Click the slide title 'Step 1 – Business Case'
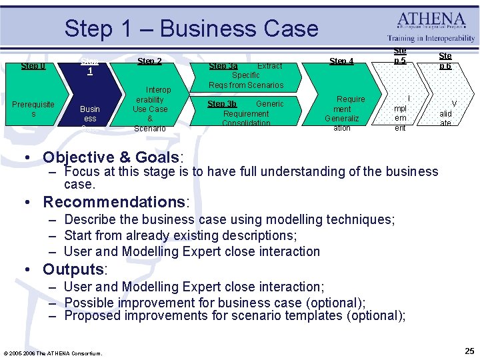pyautogui.click(x=191, y=29)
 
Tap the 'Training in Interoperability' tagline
pyautogui.click(x=431, y=39)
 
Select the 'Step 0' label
pyautogui.click(x=33, y=65)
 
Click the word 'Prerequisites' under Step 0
pyautogui.click(x=33, y=109)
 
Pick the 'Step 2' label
pyautogui.click(x=149, y=61)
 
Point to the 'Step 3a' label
pyautogui.click(x=223, y=66)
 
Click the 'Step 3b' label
pyautogui.click(x=221, y=104)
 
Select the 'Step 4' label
pyautogui.click(x=341, y=61)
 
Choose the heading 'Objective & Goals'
pyautogui.click(x=111, y=157)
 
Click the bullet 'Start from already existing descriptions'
pyautogui.click(x=180, y=235)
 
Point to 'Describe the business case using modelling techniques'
pyautogui.click(x=229, y=219)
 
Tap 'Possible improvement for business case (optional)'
pyautogui.click(x=215, y=302)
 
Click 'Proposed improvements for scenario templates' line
pyautogui.click(x=234, y=316)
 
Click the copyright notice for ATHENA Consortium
pyautogui.click(x=52, y=353)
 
